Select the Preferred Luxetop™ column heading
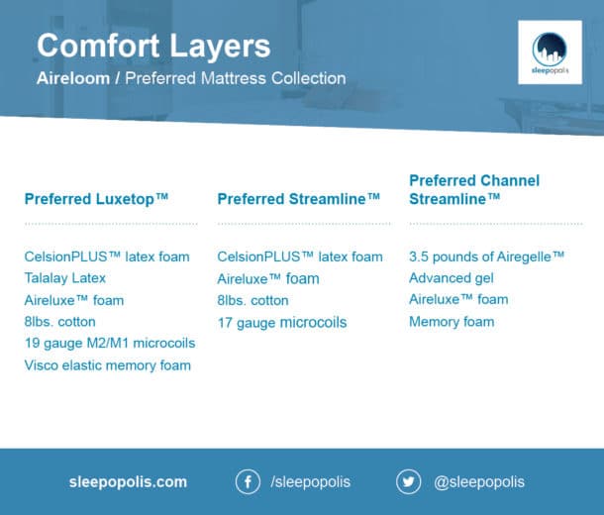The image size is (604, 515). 96,199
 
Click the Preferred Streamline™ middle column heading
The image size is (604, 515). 298,199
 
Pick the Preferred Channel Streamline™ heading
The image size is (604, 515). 474,189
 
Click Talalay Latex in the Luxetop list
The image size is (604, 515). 65,278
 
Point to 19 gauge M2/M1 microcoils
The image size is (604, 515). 110,343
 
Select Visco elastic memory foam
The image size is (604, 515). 108,364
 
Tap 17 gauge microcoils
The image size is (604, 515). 282,322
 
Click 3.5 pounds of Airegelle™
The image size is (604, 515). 486,257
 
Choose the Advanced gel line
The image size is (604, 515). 452,278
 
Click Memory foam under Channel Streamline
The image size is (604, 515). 452,321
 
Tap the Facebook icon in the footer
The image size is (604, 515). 248,482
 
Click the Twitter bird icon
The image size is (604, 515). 408,482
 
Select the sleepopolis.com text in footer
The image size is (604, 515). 128,482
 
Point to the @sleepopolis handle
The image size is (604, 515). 479,482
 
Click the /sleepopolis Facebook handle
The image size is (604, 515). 310,482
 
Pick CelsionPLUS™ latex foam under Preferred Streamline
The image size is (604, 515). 299,257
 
